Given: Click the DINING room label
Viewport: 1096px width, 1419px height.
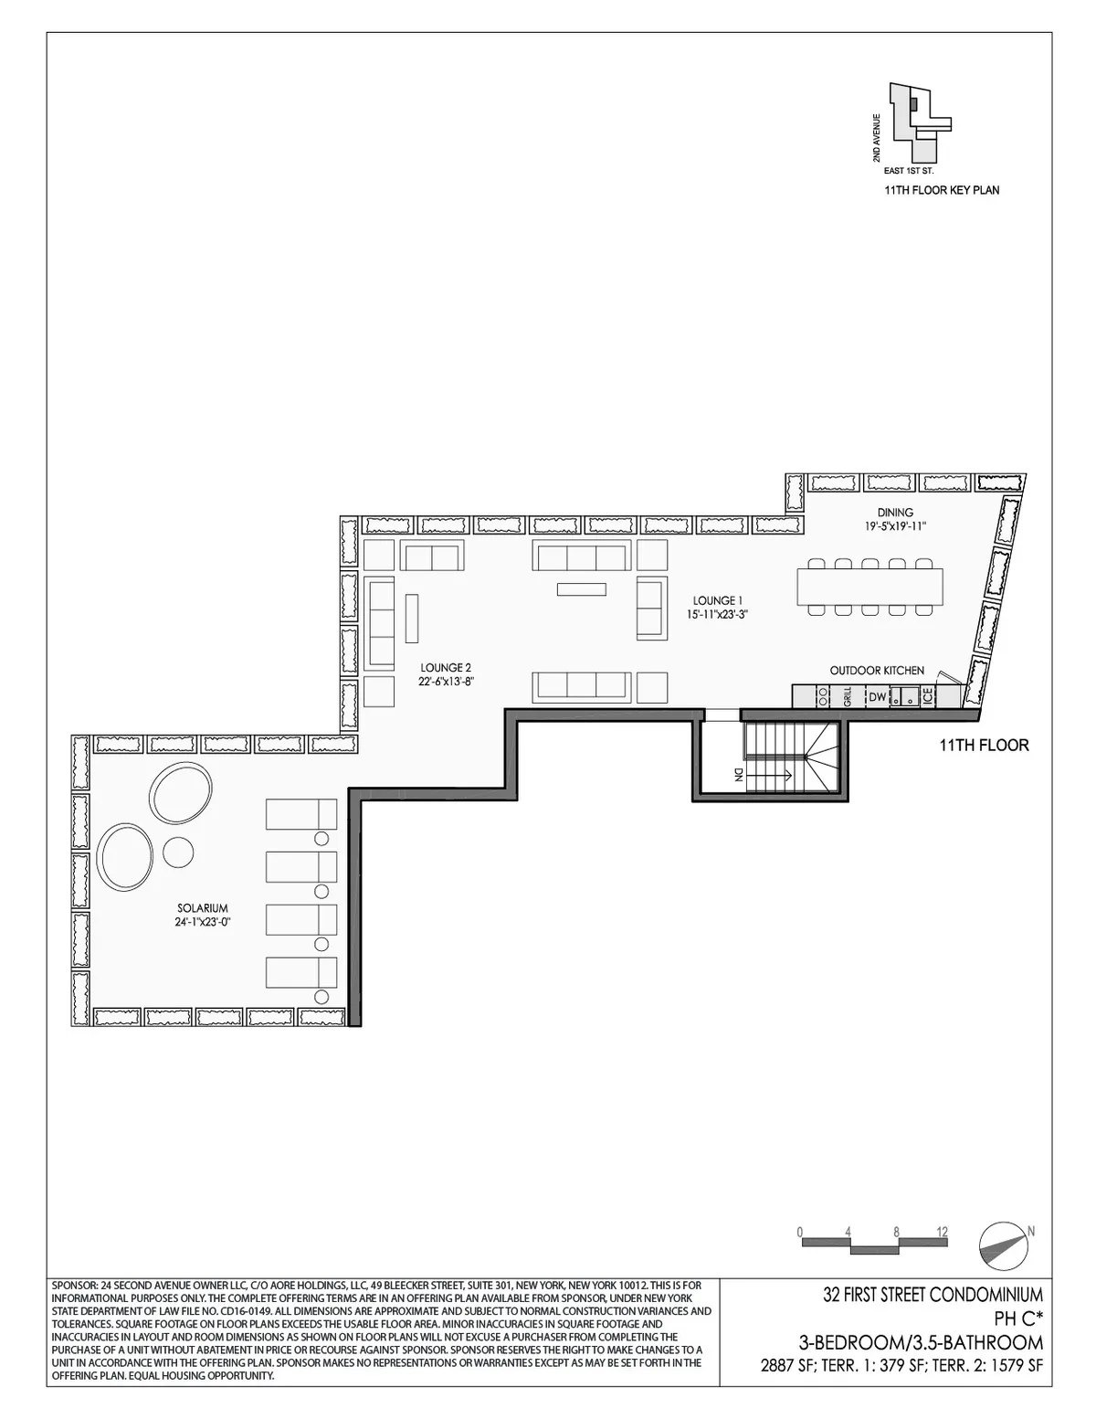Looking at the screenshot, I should [895, 513].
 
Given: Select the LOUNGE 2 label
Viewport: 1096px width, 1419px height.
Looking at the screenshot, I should [446, 667].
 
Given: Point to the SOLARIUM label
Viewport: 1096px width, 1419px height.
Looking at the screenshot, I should [202, 908].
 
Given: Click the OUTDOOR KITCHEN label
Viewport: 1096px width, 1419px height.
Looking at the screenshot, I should [877, 671].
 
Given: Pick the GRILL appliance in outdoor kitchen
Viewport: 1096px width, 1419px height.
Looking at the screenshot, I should [848, 698].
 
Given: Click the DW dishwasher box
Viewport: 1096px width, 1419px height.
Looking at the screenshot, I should [877, 697].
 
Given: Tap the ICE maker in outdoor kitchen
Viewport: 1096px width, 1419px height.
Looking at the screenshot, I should [928, 697].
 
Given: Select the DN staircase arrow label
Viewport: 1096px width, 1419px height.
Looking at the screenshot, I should [737, 776].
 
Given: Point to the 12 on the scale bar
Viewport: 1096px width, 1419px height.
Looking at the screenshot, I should [942, 1232].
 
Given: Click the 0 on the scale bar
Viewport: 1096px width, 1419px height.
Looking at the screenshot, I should [799, 1232].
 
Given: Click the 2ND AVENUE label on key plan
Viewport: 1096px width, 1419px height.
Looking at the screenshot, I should [877, 137].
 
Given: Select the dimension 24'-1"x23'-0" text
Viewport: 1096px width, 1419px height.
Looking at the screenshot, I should [202, 922].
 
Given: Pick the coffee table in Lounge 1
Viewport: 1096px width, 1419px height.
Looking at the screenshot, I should [581, 589].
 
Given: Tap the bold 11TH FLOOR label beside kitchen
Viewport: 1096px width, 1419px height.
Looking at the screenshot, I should [984, 746].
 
